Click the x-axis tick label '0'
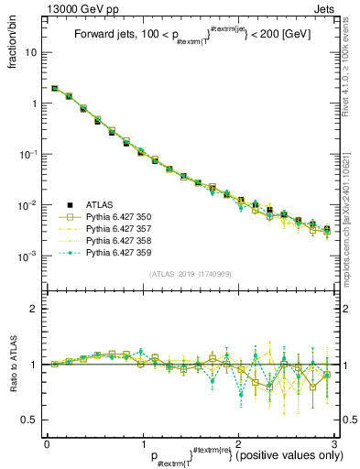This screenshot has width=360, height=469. pos(47,443)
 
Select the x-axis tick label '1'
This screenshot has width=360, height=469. pos(141,443)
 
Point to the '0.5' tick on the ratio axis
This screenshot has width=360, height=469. pos(33,420)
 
